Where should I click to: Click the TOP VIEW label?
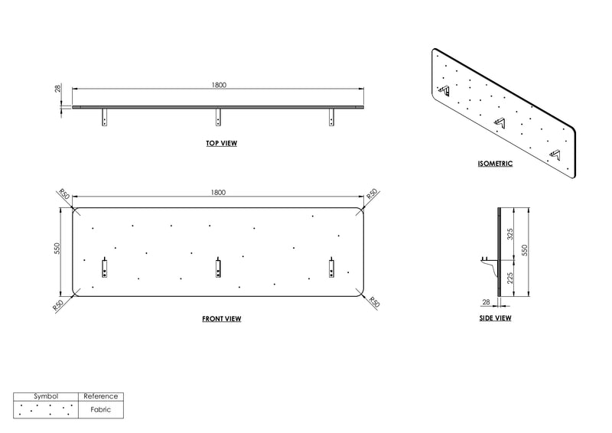221,143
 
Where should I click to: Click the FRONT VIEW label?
221,319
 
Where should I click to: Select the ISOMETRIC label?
495,164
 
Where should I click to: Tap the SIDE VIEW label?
495,318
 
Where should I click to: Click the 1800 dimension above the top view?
219,85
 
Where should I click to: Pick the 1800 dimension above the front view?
218,192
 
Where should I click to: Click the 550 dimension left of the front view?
57,249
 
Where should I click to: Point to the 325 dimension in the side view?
509,234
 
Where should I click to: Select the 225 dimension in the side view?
509,278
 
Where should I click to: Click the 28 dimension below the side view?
486,302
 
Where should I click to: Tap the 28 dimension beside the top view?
58,89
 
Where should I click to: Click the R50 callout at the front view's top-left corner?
64,194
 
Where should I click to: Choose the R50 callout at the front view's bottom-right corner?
374,303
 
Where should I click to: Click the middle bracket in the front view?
218,268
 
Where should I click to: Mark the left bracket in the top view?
104,117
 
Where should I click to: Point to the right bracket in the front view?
331,268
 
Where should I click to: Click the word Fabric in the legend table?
101,409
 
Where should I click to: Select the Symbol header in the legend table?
46,396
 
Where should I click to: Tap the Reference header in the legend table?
101,396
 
